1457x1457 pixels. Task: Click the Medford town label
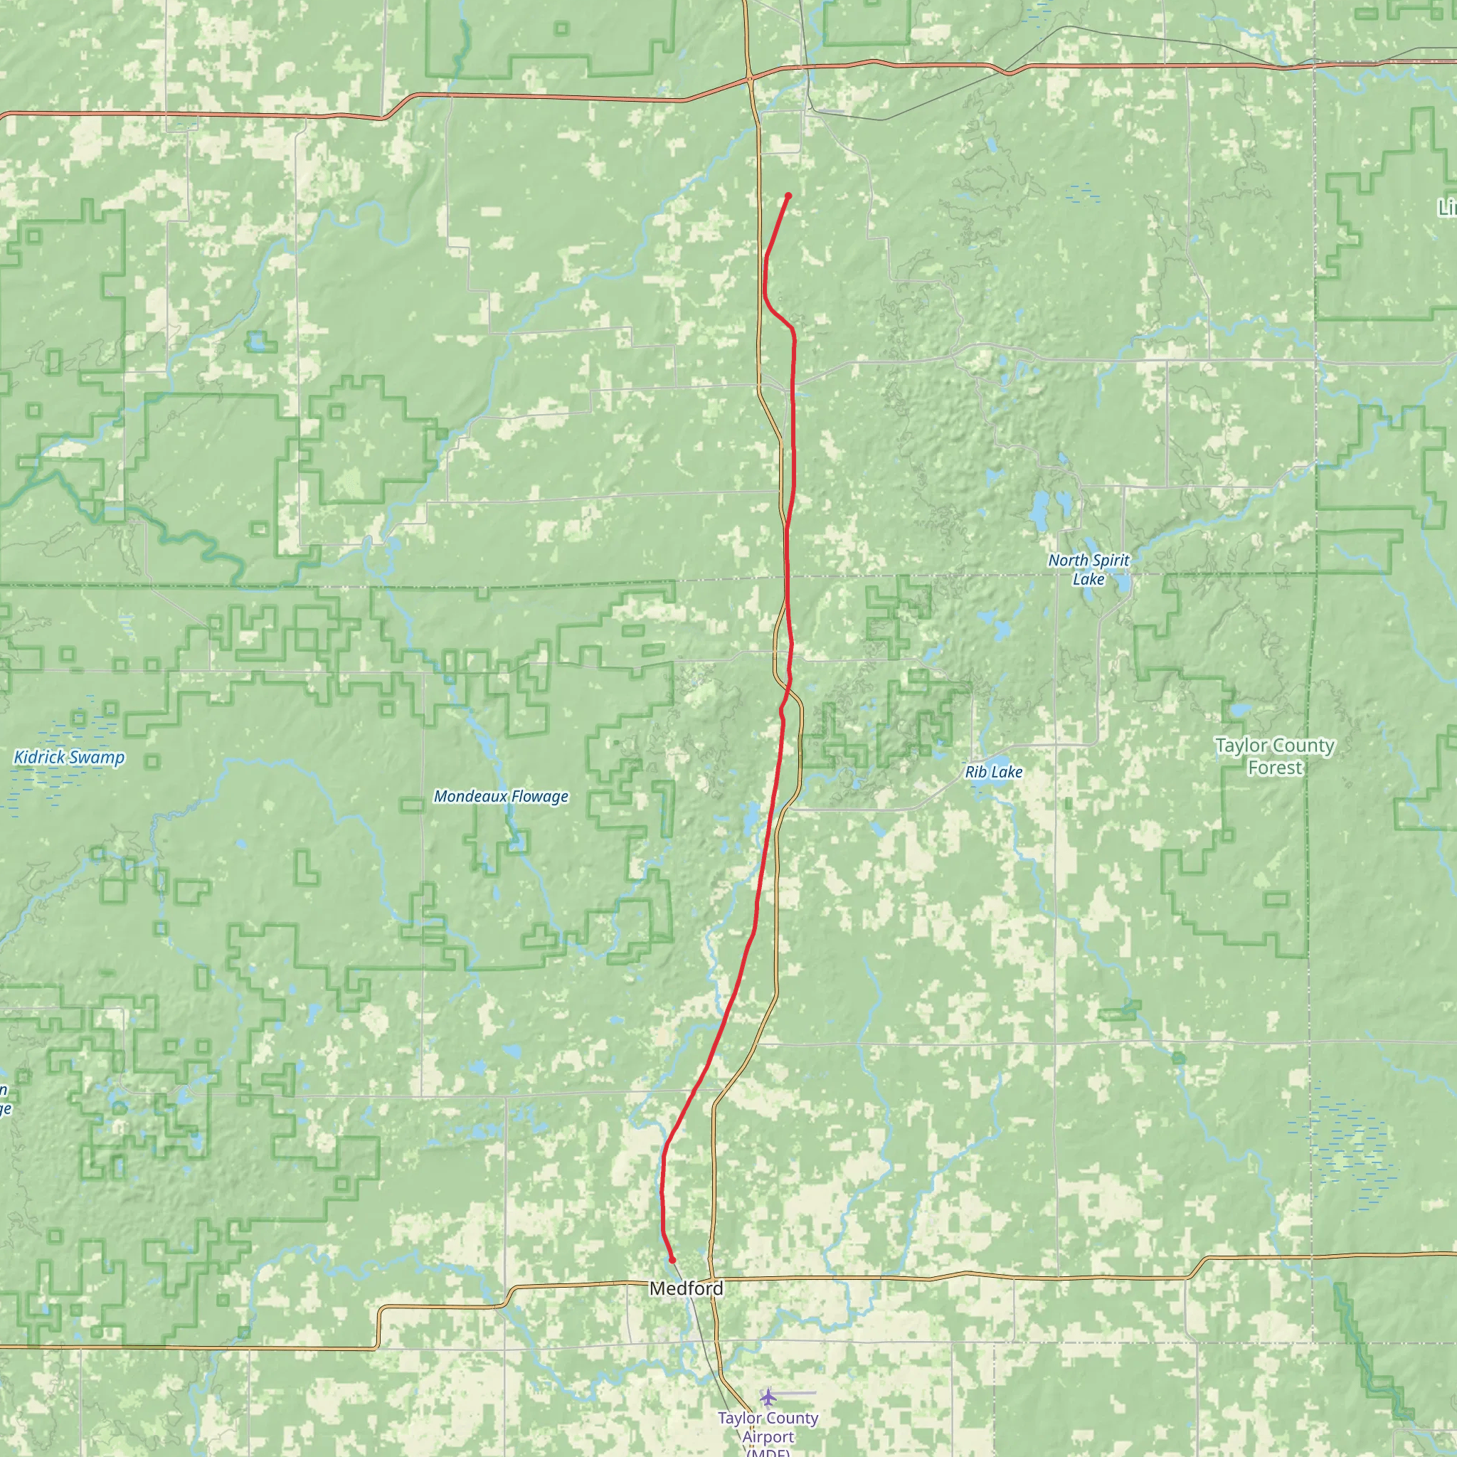[686, 1289]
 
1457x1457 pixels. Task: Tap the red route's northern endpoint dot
[788, 196]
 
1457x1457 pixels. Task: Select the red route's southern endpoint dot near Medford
[672, 1259]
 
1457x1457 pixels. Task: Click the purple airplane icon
[768, 1397]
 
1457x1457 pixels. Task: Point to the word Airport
[768, 1436]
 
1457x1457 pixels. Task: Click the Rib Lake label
[993, 772]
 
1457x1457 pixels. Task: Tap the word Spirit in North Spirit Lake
[1110, 561]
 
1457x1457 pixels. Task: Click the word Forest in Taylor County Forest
[1274, 768]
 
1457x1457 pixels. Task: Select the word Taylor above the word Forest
[1241, 746]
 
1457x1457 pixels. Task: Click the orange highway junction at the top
[750, 77]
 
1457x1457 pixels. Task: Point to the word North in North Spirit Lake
[1068, 561]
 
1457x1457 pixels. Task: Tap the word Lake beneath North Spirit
[1088, 579]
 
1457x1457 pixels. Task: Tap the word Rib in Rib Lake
[975, 772]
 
